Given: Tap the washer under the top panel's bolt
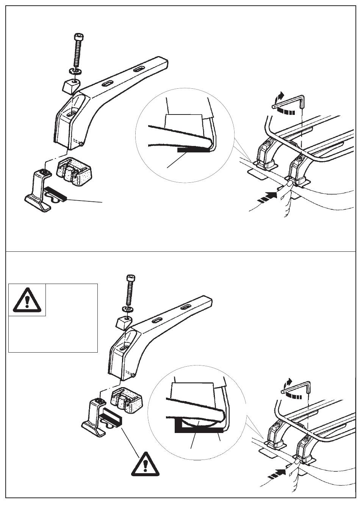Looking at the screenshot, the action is coord(75,71).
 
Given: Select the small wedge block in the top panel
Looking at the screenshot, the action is coord(70,86).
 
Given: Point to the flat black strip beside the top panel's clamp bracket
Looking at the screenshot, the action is coord(55,193).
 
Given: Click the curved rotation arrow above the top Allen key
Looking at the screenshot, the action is coord(280,96).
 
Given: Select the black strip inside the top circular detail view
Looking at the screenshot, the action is coord(193,150).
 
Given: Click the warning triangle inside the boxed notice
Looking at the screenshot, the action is coord(27,299).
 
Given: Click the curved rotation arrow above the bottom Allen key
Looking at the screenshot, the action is coord(289,382).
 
